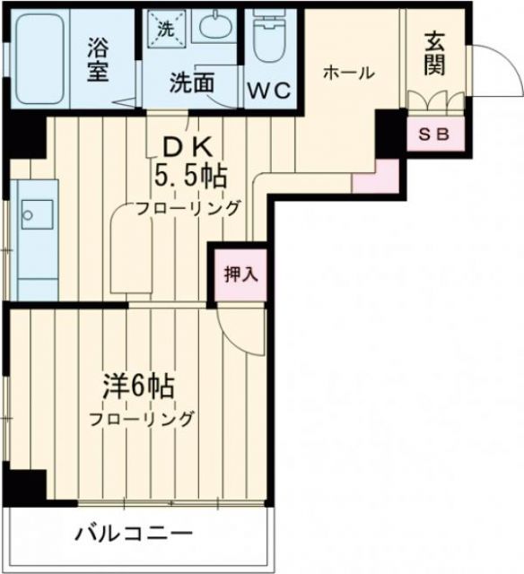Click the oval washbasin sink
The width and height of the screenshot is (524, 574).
pyautogui.click(x=216, y=27)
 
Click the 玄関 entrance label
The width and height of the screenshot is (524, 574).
pyautogui.click(x=435, y=53)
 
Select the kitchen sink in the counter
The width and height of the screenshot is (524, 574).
pyautogui.click(x=38, y=214)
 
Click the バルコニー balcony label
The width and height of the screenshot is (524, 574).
pyautogui.click(x=135, y=535)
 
